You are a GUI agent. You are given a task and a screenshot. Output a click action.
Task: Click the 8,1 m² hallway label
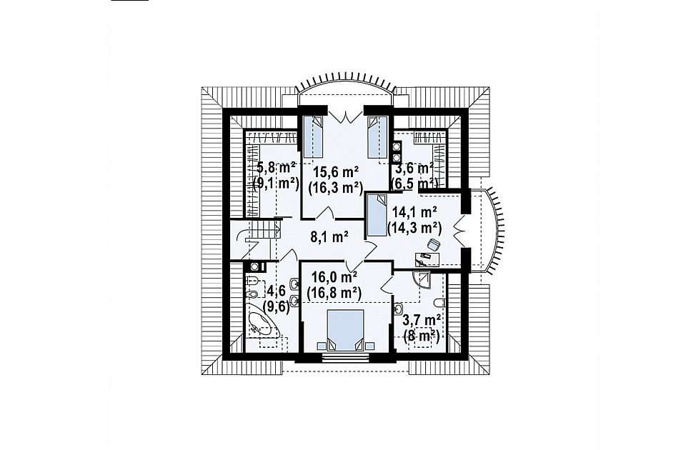[329, 237]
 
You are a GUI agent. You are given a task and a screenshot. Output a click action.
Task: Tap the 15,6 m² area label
[336, 171]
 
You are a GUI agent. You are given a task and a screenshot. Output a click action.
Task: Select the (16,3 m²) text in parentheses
[336, 188]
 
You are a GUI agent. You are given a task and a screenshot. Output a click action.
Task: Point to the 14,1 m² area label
[414, 213]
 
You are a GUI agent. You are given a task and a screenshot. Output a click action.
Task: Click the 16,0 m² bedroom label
[334, 276]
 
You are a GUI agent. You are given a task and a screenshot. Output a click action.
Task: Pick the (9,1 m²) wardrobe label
[276, 183]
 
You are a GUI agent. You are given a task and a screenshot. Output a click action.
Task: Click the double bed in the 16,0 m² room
[346, 330]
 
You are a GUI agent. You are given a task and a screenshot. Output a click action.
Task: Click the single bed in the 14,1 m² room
[377, 216]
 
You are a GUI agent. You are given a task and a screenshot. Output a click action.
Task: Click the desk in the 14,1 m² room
[427, 259]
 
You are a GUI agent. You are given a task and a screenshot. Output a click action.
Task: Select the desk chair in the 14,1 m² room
[434, 245]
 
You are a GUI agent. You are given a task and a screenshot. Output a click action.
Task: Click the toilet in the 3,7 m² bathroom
[440, 303]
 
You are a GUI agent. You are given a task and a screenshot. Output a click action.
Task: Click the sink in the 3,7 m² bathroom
[398, 309]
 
